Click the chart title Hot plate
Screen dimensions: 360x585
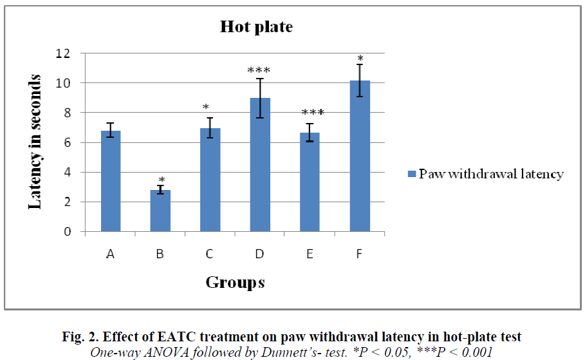coord(256,27)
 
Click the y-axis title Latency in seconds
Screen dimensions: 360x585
coord(36,142)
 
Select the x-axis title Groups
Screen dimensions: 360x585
coord(235,282)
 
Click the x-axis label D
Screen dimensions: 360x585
coord(260,254)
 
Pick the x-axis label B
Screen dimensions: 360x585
coord(160,254)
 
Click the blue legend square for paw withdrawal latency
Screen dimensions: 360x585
coord(411,174)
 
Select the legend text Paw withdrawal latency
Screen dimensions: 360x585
coord(491,174)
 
